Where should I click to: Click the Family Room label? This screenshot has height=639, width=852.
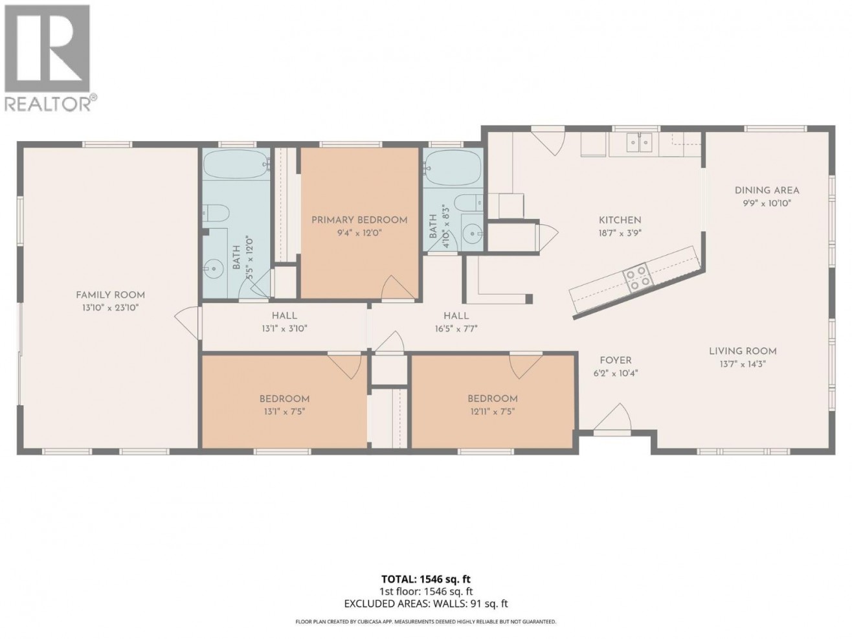[110, 295]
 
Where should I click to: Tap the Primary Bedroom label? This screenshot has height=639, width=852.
[359, 220]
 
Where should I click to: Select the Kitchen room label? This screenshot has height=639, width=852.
[620, 220]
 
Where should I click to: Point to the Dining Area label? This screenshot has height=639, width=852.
[767, 190]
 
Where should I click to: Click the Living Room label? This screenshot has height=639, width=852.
[743, 352]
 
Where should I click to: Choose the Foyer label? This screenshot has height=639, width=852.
[616, 361]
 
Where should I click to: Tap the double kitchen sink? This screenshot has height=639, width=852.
[638, 144]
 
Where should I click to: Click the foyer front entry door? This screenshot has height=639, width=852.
[612, 418]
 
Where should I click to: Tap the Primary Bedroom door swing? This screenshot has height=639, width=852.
[398, 287]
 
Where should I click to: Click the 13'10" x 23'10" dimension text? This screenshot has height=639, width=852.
[111, 308]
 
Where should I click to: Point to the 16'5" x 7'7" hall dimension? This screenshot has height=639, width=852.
[456, 329]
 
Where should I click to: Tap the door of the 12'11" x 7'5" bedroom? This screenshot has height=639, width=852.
[526, 366]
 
